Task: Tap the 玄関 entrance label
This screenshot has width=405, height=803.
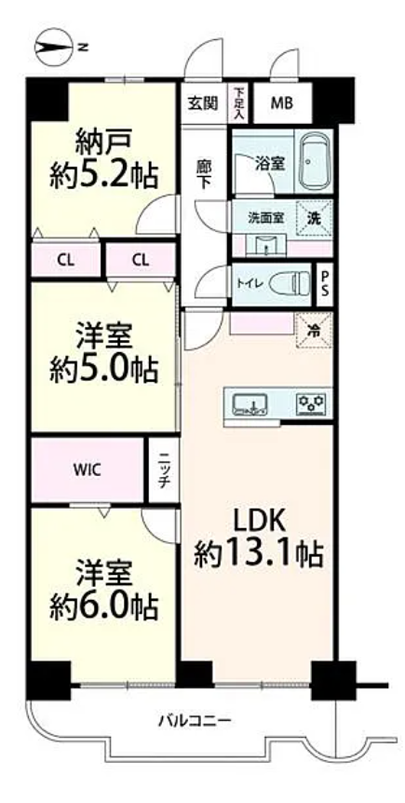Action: [x=203, y=103]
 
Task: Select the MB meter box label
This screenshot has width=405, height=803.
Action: [x=282, y=103]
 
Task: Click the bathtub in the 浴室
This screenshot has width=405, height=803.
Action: [x=314, y=161]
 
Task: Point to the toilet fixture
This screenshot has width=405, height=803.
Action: [x=290, y=282]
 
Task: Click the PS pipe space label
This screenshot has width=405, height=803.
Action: [x=324, y=286]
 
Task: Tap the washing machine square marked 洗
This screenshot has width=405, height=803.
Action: [x=314, y=218]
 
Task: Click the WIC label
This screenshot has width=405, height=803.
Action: [x=87, y=470]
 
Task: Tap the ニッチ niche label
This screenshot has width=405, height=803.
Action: [x=164, y=470]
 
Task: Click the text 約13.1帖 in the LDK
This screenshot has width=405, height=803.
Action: [x=258, y=553]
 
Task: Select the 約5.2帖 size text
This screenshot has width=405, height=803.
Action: [x=103, y=176]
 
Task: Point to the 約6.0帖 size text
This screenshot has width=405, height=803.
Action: [x=103, y=606]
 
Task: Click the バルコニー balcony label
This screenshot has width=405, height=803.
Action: [x=195, y=722]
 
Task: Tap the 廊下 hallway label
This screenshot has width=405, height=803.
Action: [x=204, y=174]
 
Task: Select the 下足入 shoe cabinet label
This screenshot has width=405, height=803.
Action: [x=238, y=103]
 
